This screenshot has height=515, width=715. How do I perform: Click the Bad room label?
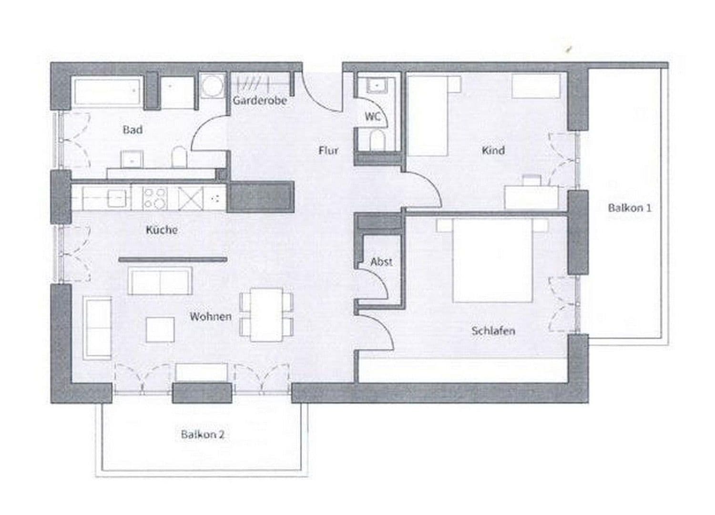(x=133, y=130)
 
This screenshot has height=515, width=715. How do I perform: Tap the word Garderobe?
(x=260, y=101)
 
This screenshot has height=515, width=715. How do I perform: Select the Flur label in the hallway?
(x=328, y=151)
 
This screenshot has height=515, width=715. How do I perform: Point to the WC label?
(x=372, y=116)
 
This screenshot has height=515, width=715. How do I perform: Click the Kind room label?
(x=493, y=151)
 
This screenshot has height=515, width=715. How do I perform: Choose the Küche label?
(x=162, y=230)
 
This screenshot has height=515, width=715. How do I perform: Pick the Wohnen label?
(x=211, y=317)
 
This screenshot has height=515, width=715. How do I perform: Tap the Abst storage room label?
(x=381, y=262)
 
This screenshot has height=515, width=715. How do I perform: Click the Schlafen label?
(x=493, y=331)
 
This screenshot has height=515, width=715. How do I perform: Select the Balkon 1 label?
(x=629, y=208)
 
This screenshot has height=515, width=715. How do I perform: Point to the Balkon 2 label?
(x=203, y=435)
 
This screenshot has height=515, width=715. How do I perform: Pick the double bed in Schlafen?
(x=492, y=260)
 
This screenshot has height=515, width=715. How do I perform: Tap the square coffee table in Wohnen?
(x=160, y=330)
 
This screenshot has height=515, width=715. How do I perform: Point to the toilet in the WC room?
(x=377, y=141)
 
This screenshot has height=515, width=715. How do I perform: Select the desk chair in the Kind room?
(x=530, y=180)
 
